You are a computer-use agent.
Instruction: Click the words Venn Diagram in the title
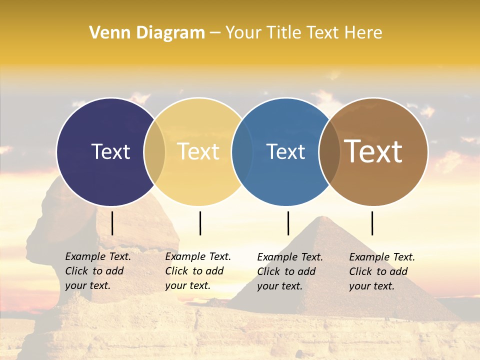tap(147, 33)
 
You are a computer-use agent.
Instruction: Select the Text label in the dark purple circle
tap(110, 151)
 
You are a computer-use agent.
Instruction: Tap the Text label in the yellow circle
tap(198, 151)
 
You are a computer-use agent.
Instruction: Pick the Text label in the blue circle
tap(285, 151)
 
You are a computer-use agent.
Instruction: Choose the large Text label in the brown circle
tap(373, 151)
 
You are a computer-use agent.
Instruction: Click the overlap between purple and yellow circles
tap(154, 151)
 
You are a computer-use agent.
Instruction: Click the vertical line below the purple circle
tap(112, 223)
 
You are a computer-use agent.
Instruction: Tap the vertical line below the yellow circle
tap(200, 223)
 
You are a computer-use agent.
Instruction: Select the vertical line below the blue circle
tap(288, 223)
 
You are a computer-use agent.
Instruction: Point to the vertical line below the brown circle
tap(372, 223)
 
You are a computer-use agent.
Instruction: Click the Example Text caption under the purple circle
tap(98, 271)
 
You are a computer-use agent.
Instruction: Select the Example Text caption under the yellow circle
tap(198, 271)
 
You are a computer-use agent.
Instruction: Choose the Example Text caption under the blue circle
tap(290, 271)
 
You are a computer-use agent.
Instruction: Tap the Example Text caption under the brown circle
tap(382, 271)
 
